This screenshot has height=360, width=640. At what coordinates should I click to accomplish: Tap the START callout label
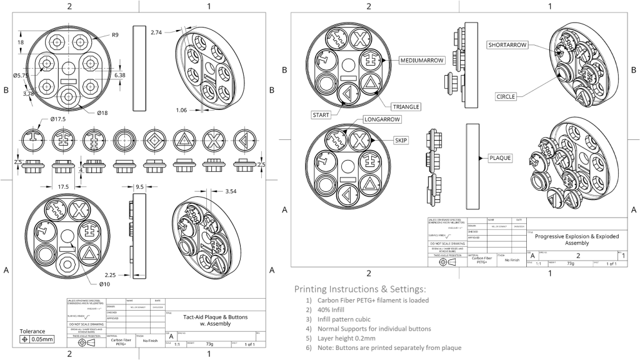tap(321, 115)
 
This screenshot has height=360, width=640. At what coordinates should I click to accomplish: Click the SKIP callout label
tap(401, 140)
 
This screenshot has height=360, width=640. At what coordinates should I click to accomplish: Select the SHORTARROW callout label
tap(508, 45)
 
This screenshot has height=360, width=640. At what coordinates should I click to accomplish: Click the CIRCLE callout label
tap(506, 96)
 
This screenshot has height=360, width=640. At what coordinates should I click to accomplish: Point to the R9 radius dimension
tap(115, 35)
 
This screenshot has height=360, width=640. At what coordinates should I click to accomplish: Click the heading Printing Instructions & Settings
tap(360, 289)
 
